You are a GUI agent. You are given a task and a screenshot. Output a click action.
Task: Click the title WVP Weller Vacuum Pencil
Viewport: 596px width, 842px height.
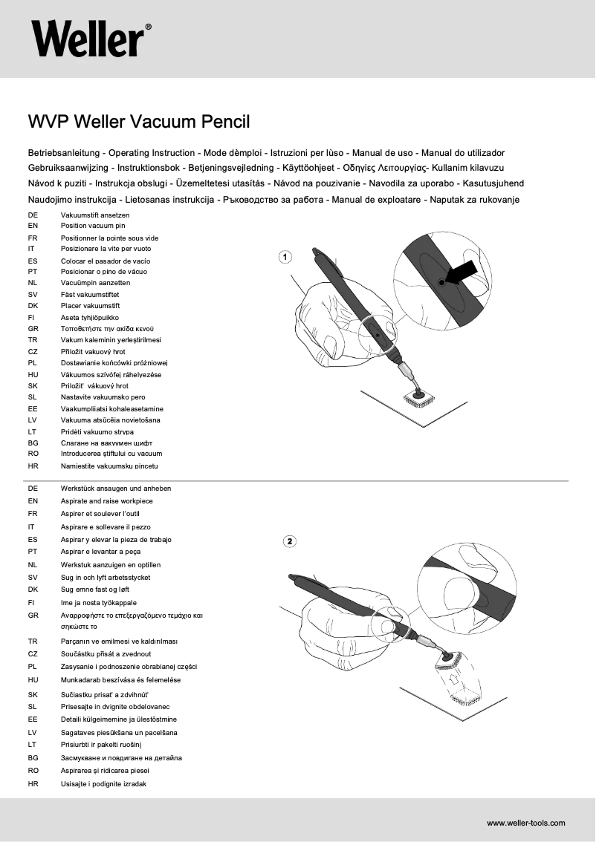coord(138,121)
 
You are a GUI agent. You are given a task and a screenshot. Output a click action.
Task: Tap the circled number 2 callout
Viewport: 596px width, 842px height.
coord(290,541)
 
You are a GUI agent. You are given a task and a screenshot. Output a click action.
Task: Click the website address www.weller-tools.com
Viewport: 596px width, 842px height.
coord(525,823)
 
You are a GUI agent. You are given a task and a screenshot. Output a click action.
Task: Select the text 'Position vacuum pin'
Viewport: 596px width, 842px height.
coord(93,225)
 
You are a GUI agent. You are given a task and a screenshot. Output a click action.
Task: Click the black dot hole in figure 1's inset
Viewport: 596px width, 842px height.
coord(441,283)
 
